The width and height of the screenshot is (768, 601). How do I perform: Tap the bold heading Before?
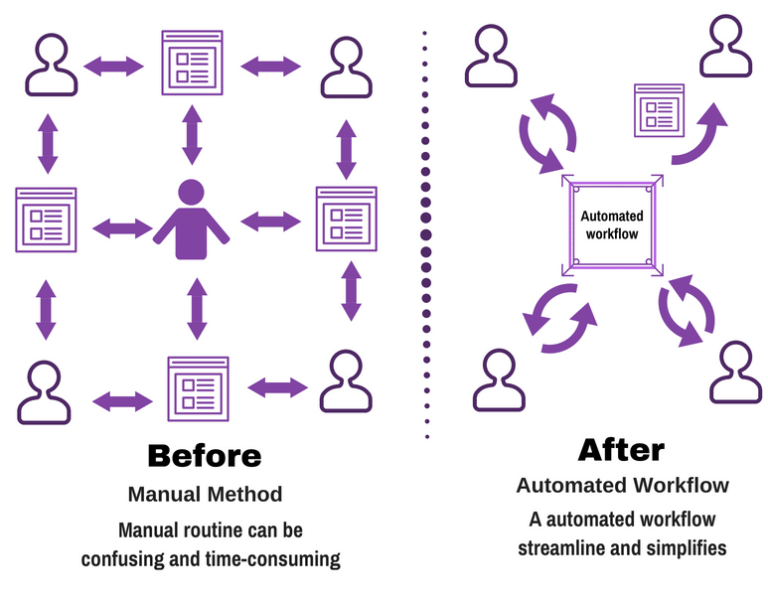205,456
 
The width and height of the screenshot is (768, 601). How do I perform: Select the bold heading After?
621,450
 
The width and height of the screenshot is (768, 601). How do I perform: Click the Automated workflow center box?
612,225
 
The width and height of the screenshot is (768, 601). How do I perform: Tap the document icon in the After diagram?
659,110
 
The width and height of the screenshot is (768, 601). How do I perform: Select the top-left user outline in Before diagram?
51,65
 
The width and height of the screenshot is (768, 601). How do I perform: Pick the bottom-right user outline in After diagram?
735,373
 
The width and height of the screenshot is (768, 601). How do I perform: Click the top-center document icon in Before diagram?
192,63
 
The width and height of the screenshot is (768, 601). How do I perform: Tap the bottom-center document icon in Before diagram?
198,388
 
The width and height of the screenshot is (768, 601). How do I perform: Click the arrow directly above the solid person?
192,135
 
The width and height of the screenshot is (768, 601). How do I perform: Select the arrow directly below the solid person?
197,309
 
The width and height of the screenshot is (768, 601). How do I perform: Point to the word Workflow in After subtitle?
682,486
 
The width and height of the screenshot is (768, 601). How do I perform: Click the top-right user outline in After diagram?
725,46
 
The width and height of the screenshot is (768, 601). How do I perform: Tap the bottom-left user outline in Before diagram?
44,392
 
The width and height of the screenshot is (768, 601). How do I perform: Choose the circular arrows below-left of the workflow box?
559,318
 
